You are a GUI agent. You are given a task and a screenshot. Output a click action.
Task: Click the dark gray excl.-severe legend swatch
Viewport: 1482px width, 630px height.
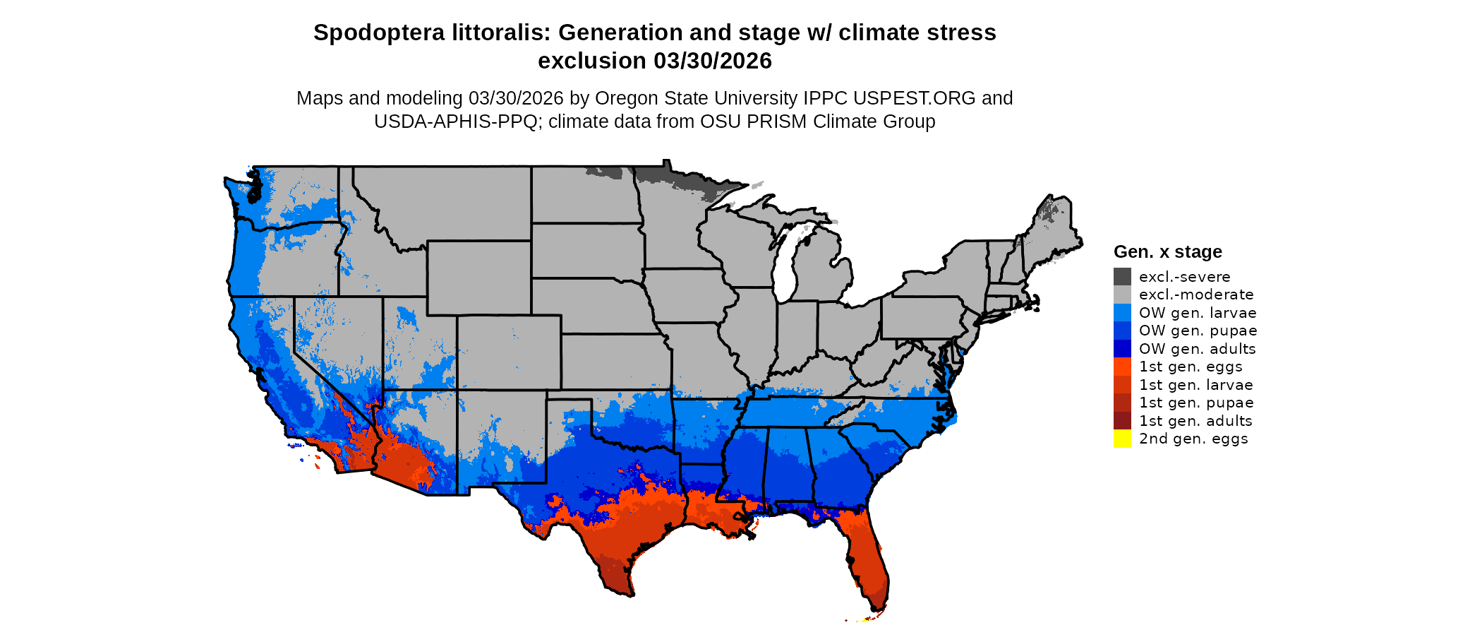(1122, 277)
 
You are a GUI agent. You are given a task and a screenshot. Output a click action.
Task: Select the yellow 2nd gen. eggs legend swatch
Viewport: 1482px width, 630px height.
(1122, 439)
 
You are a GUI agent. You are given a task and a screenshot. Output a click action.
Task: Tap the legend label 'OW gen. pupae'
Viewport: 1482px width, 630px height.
(1198, 331)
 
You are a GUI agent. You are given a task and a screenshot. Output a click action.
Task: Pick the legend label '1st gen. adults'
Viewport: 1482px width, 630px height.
(1195, 421)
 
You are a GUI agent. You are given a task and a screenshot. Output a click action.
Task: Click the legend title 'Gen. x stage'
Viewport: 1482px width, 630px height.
(1167, 251)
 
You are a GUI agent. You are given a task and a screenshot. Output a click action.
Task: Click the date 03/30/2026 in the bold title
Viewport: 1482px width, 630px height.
(713, 61)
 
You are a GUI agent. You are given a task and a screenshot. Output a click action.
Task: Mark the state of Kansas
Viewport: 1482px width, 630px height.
(614, 361)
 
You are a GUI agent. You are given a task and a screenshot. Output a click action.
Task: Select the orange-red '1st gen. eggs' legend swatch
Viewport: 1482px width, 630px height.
(1122, 367)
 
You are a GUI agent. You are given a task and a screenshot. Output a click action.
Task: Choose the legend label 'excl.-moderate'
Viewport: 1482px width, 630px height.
(1196, 295)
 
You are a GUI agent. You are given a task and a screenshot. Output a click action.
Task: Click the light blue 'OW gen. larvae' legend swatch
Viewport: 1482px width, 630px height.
(1122, 313)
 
